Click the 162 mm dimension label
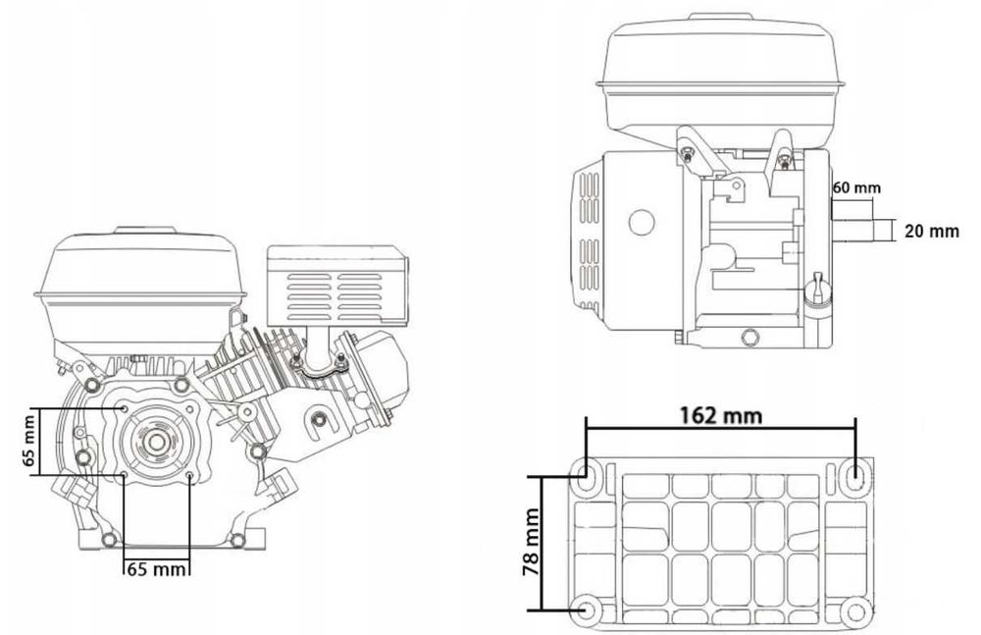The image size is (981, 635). pyautogui.click(x=721, y=414)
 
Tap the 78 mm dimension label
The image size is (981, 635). pyautogui.click(x=531, y=543)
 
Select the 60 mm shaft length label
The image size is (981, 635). pyautogui.click(x=857, y=187)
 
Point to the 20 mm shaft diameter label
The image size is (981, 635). pyautogui.click(x=932, y=231)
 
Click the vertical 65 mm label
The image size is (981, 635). pyautogui.click(x=28, y=440)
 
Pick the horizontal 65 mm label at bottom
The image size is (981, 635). pyautogui.click(x=156, y=568)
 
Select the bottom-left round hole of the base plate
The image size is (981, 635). pyautogui.click(x=587, y=609)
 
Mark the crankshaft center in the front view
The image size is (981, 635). pyautogui.click(x=155, y=442)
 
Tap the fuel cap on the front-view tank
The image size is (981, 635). pyautogui.click(x=144, y=230)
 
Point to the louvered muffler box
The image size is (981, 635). pyautogui.click(x=336, y=285)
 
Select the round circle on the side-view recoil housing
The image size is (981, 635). pyautogui.click(x=642, y=223)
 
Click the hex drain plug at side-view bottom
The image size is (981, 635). pyautogui.click(x=749, y=337)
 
